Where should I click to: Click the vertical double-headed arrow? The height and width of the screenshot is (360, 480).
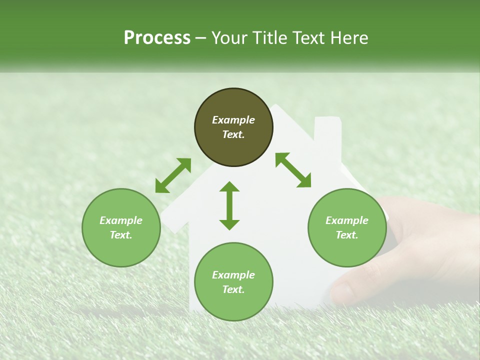[229, 205]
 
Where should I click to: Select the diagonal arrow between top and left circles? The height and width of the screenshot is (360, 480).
[173, 175]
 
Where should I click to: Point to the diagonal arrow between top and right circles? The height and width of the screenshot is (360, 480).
[293, 170]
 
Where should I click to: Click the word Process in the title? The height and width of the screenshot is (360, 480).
[157, 37]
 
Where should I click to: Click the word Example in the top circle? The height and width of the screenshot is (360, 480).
[233, 120]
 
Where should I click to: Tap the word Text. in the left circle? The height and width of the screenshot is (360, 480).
[121, 235]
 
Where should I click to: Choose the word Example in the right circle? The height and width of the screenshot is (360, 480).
[347, 220]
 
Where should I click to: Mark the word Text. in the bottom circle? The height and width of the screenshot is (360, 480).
[233, 289]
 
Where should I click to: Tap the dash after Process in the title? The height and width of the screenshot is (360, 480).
[201, 38]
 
